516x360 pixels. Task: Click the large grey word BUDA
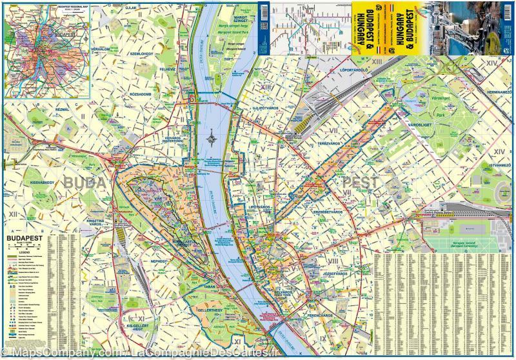(83, 183)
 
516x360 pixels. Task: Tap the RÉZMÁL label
(63, 110)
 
